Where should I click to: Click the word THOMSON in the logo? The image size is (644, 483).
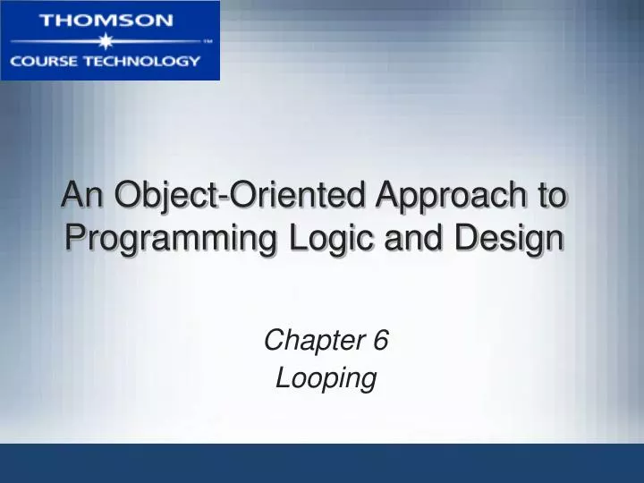110,20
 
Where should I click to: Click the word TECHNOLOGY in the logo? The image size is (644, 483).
144,61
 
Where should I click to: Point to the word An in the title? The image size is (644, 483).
78,195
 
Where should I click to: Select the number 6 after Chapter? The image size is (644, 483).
381,341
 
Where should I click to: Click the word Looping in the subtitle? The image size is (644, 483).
326,378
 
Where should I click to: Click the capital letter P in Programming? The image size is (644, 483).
77,238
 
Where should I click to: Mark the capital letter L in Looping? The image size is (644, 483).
282,377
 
